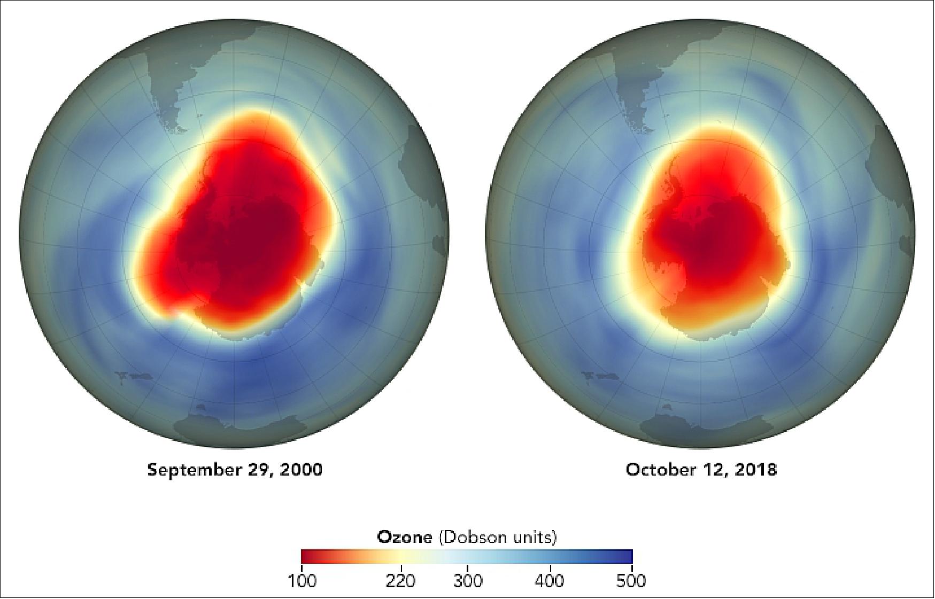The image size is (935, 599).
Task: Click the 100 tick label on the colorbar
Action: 302,580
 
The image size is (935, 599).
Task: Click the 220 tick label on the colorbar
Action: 400,580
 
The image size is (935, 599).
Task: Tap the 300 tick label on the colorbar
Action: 468,580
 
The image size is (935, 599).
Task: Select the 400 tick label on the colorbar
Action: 550,580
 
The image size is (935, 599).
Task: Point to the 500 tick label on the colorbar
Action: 631,580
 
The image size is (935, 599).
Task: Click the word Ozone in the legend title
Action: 405,537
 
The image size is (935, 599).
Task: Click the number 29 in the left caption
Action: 256,470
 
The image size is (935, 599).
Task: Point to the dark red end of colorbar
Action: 305,556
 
